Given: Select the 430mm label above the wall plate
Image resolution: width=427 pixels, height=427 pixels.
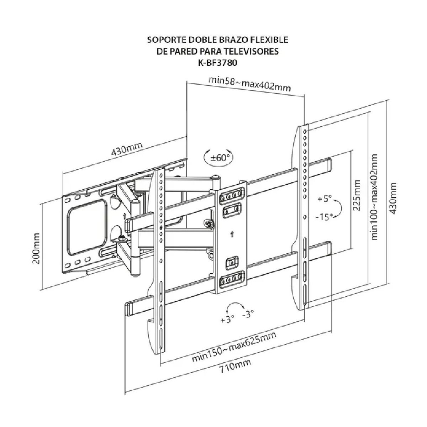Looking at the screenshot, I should point(127,150).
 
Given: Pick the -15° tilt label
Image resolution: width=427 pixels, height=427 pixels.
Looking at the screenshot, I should point(324,216).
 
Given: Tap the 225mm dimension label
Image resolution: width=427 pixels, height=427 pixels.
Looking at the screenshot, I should point(357,195).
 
